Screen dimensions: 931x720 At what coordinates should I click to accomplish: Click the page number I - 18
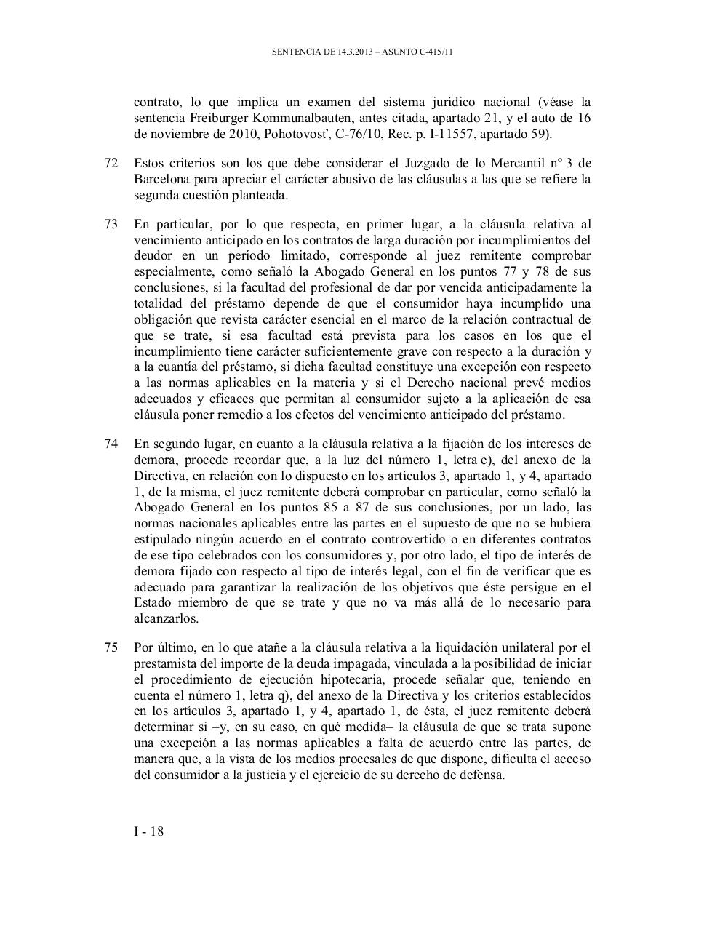tap(148, 831)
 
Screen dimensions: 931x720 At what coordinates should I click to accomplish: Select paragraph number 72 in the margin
tap(111, 163)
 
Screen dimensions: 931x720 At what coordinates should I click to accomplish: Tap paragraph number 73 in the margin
tap(111, 224)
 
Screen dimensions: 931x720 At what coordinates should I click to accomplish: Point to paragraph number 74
tap(111, 444)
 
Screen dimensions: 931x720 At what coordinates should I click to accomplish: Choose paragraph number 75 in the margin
tap(111, 647)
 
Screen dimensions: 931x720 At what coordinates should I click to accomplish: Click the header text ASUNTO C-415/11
tap(420, 52)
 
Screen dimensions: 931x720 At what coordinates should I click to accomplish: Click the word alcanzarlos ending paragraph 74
tap(165, 618)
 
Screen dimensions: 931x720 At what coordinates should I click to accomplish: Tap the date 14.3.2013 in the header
tap(356, 52)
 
